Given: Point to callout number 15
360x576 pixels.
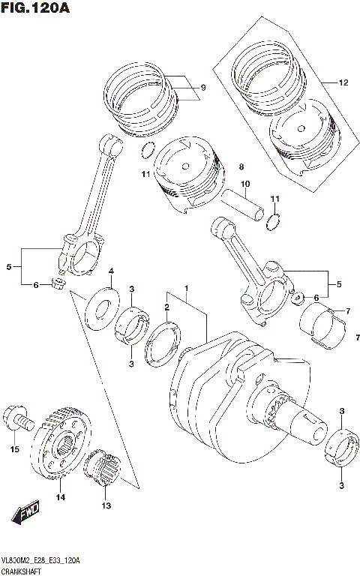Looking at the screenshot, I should pos(13,449).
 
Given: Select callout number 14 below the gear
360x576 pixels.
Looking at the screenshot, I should pos(60,496).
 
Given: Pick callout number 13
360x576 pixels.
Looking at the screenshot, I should pos(104,505).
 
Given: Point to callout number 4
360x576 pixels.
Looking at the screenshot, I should pos(111,271).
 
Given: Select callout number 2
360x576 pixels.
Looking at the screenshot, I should pos(167,306).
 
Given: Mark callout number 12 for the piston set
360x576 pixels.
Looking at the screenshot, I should pos(343,82).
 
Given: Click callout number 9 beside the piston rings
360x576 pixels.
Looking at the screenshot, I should pos(202,88).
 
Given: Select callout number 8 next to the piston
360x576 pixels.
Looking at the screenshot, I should pos(242,166).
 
